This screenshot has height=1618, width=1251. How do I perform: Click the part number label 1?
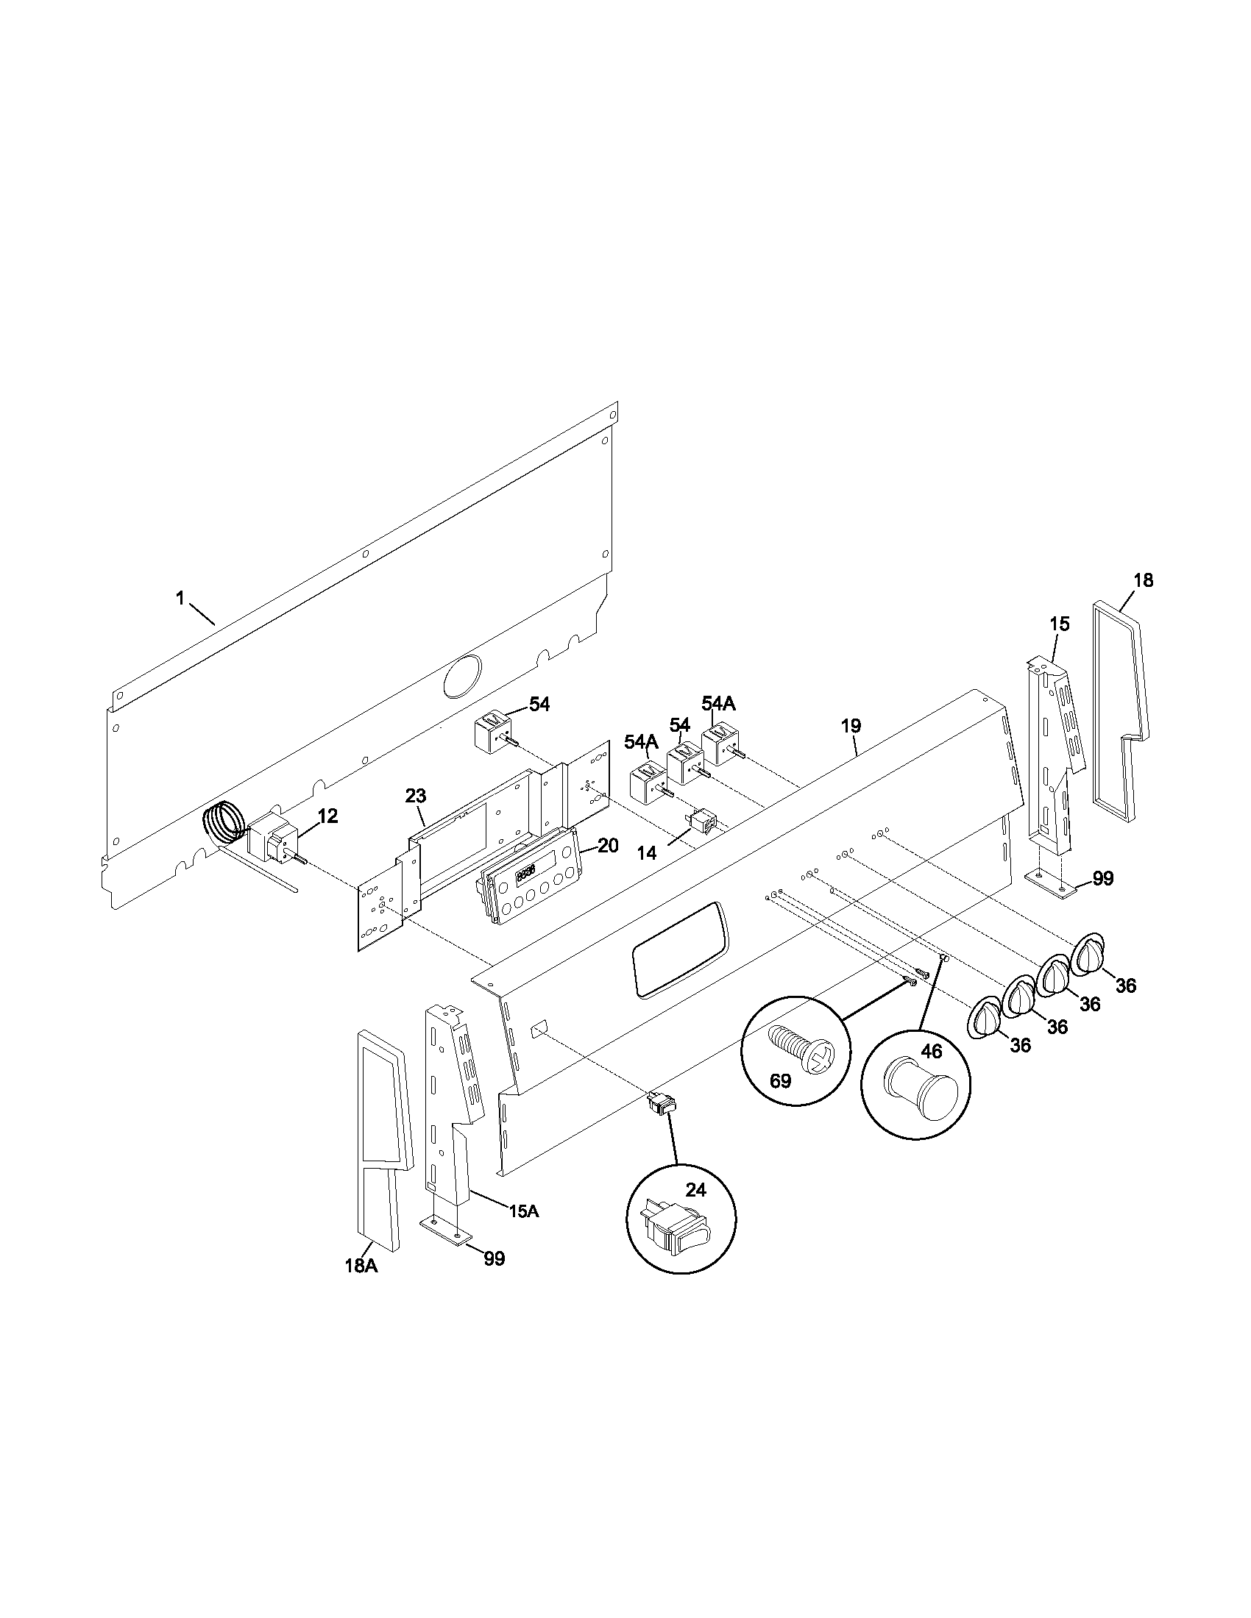179,598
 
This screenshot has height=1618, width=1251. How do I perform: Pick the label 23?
415,796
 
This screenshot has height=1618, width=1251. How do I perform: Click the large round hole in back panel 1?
462,676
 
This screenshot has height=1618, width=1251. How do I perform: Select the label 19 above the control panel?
851,726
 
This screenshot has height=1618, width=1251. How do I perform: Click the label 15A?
523,1211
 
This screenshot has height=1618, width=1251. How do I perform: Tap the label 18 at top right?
1144,580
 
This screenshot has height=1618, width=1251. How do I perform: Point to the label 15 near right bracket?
1059,624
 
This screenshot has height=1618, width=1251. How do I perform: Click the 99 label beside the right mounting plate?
1103,879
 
